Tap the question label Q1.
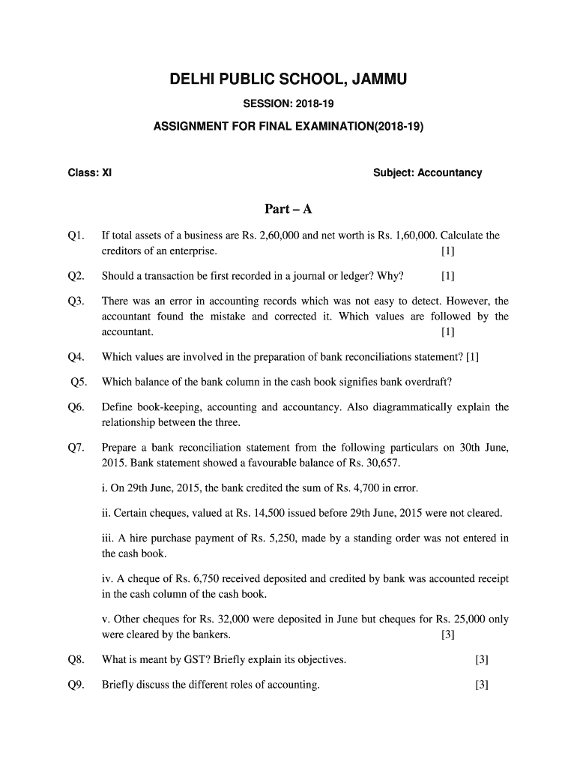(76, 235)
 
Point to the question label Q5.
(79, 382)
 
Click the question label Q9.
(76, 684)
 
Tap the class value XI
(107, 173)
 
